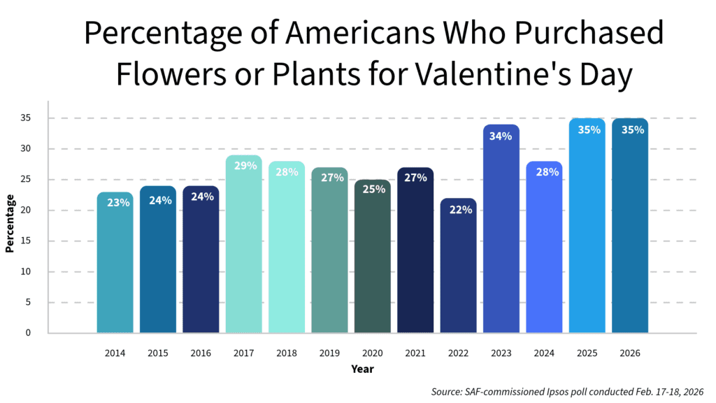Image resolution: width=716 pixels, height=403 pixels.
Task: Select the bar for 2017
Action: tap(243, 244)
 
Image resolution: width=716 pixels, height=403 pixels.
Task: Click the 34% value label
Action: tap(501, 136)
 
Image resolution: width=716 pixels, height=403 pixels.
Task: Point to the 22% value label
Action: tap(458, 210)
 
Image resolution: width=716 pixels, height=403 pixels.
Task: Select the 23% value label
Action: tap(118, 203)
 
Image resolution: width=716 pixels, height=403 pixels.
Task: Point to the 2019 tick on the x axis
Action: tap(329, 353)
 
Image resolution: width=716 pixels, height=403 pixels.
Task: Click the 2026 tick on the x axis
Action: tap(629, 353)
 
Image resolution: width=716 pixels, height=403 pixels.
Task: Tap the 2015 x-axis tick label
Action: tap(157, 353)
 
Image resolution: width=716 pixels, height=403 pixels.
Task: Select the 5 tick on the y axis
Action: tap(28, 302)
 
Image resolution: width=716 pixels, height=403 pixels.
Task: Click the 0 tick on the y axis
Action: tap(28, 333)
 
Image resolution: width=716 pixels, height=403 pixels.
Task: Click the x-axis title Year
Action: tap(362, 369)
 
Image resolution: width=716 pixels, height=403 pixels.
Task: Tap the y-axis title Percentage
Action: tap(10, 223)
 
